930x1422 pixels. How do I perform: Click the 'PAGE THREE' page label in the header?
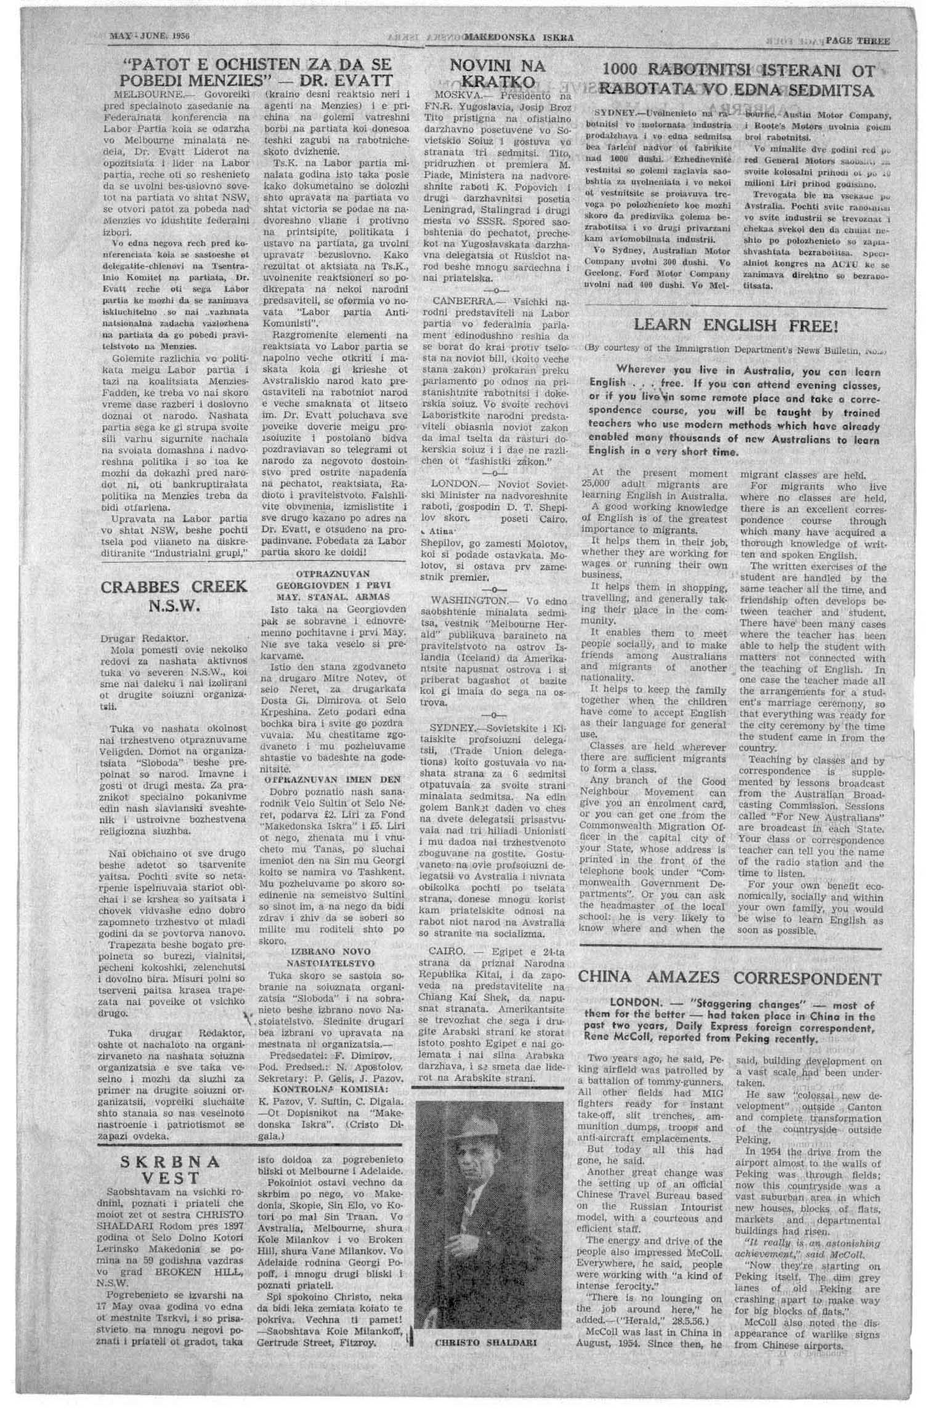[x=857, y=41]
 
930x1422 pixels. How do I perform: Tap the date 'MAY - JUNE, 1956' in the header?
[x=149, y=36]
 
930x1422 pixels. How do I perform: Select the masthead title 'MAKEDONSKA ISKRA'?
[x=519, y=38]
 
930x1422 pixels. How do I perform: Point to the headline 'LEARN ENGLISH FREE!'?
[x=736, y=325]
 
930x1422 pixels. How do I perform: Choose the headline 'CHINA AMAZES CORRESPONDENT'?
[x=729, y=978]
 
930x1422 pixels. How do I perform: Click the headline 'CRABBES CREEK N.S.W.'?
[x=174, y=596]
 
